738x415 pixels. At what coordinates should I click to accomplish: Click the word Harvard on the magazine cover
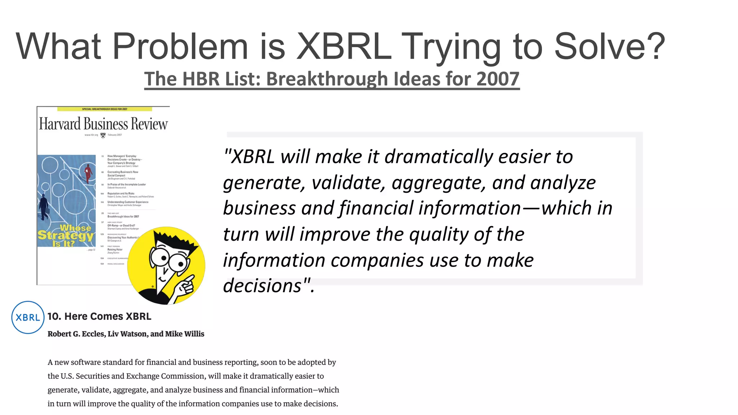click(x=60, y=124)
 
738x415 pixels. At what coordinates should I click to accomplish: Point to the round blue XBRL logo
click(x=28, y=317)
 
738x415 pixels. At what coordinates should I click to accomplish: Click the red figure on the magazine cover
click(x=88, y=173)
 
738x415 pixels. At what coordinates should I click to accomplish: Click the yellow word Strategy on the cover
click(x=66, y=236)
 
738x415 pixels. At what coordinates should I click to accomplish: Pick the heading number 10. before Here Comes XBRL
click(x=54, y=316)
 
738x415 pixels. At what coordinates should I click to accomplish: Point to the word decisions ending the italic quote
click(x=262, y=286)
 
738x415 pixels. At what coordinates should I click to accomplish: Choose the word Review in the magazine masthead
click(x=149, y=124)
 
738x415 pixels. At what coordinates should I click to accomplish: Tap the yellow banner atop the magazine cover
click(x=105, y=109)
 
